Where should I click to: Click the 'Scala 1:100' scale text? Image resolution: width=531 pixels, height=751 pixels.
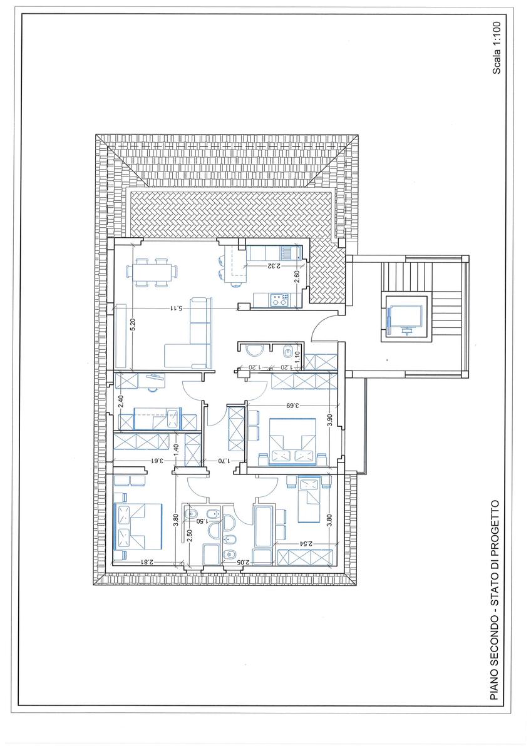(496, 48)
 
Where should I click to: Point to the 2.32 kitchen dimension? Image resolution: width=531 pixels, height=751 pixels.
(274, 266)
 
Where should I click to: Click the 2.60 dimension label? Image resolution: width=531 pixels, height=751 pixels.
(297, 277)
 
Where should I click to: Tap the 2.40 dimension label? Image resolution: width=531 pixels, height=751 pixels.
(121, 401)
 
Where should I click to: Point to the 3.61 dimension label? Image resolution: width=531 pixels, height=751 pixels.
(157, 461)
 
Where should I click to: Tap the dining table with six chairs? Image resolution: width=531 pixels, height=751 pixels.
(153, 272)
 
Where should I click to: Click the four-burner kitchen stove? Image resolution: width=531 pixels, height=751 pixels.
(280, 299)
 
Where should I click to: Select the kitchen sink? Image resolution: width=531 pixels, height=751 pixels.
(287, 253)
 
